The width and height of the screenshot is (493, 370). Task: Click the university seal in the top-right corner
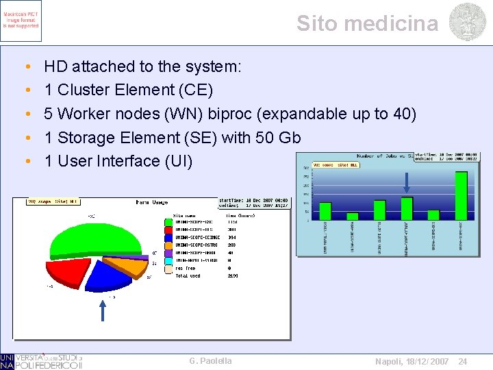468,22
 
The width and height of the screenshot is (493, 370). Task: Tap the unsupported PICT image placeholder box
21,21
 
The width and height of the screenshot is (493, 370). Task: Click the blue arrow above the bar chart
407,183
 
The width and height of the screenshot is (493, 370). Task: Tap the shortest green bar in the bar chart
353,216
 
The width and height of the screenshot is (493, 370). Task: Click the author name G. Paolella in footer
210,361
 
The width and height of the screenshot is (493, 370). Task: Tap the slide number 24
462,361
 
